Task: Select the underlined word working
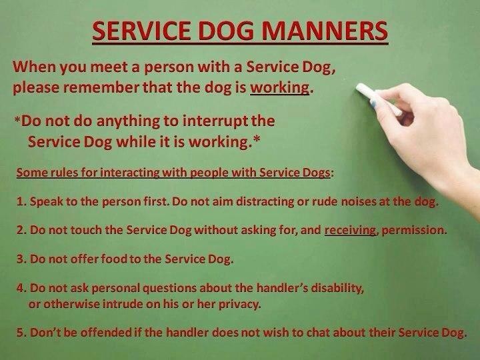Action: tap(279, 88)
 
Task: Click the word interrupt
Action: tap(215, 121)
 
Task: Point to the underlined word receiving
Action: tap(350, 230)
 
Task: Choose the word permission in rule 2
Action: tap(413, 230)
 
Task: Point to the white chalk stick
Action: tap(379, 99)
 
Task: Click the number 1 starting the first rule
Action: tap(21, 202)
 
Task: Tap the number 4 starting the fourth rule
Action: tap(21, 289)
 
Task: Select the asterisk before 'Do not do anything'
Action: tap(17, 119)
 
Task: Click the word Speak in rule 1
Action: tap(46, 202)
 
